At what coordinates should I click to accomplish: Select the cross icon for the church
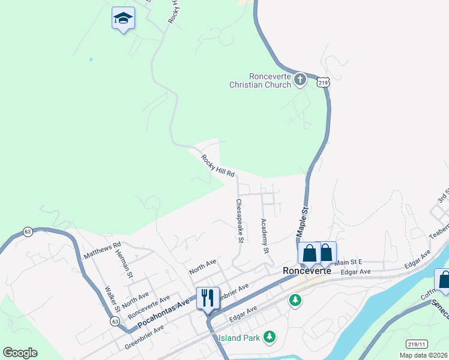[x=300, y=80]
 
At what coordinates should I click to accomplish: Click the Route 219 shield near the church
[x=324, y=83]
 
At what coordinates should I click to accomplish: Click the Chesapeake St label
[x=239, y=221]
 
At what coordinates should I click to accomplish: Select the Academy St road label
[x=264, y=235]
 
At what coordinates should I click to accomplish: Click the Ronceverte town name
[x=307, y=271]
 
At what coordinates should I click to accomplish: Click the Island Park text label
[x=240, y=338]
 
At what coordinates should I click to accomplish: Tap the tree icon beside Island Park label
[x=270, y=337]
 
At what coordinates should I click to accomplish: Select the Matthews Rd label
[x=102, y=250]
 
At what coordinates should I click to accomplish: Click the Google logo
[x=20, y=353]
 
